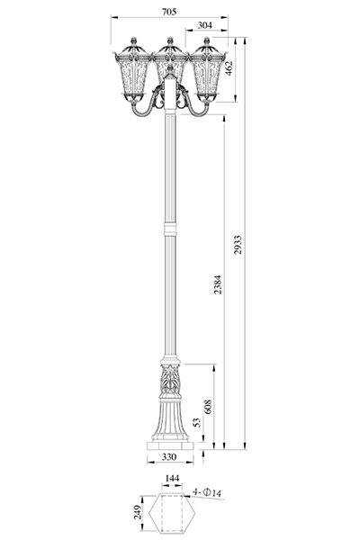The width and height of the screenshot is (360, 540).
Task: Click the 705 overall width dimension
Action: coord(169,12)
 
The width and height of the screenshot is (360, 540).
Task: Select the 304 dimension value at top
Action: coord(205,25)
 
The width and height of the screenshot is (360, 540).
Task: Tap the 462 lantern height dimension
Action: coord(229,67)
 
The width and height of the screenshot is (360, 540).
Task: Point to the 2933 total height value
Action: coord(238,245)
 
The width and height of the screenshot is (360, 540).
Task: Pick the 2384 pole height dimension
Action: coord(218,284)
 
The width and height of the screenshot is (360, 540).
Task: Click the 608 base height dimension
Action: coord(208,407)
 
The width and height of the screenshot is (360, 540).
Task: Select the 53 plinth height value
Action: coord(196,423)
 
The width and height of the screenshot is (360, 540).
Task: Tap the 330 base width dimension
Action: coord(169,457)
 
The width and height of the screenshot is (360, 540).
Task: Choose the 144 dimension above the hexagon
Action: coord(172,479)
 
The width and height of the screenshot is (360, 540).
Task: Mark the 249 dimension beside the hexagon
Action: coord(138,512)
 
